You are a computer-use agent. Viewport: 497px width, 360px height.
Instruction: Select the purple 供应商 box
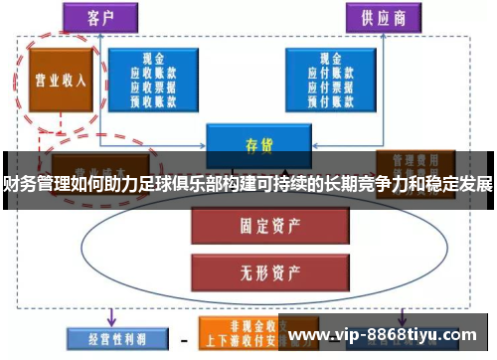[x=382, y=16]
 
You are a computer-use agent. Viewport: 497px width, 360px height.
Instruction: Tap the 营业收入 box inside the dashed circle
[x=61, y=80]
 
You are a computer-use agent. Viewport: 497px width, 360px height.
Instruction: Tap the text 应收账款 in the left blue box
[x=153, y=73]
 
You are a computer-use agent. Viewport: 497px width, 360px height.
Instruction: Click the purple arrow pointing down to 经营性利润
[x=110, y=314]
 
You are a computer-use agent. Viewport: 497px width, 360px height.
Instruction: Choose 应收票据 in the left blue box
[x=153, y=86]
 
